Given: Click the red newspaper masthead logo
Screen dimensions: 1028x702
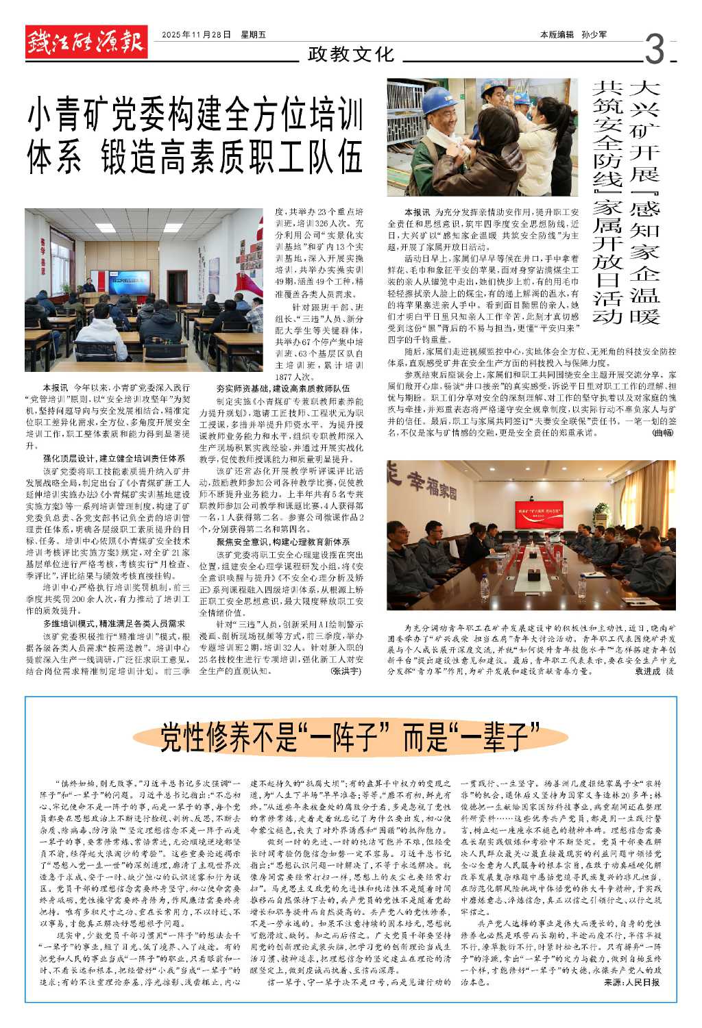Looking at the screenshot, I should point(86,42).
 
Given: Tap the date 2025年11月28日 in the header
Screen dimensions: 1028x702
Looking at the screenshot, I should point(196,34).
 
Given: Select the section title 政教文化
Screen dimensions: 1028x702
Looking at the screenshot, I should point(351,53).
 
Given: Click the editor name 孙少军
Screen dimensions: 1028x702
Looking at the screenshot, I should point(594,34).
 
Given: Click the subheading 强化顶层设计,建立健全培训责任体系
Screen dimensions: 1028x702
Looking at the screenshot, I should point(114,458).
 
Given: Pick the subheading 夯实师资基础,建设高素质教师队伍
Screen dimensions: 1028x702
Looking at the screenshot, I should point(282,388).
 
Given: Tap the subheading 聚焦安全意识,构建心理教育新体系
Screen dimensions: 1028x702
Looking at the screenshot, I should point(282,542).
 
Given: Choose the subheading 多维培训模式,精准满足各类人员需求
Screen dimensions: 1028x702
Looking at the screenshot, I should point(114,624).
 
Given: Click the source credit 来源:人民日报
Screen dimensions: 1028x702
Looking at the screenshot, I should point(632,982).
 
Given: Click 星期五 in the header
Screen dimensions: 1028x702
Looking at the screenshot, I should point(253,34).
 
